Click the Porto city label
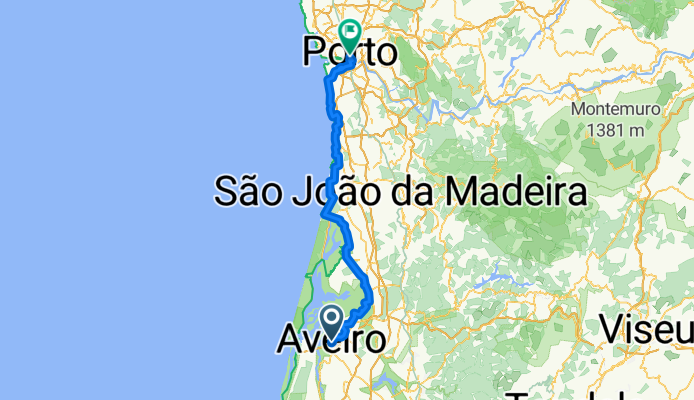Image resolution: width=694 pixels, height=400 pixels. (349, 52)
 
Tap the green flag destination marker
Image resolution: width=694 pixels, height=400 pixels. (351, 33)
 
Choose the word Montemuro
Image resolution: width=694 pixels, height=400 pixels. (610, 109)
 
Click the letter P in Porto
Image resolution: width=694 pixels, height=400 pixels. (314, 52)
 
